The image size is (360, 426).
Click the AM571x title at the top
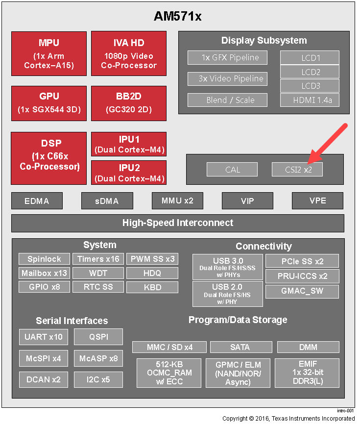coord(178,16)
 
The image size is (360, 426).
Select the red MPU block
coord(49,53)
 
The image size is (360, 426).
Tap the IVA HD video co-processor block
coord(129,53)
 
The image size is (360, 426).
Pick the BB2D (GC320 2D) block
coord(129,103)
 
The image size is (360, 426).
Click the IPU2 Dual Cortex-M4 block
coord(129,173)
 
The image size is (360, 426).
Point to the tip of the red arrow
coord(308,164)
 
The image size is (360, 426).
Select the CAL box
coord(232,170)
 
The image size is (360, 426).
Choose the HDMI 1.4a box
coord(310,100)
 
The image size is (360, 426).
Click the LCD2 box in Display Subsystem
coord(310,72)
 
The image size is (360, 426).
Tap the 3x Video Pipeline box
coord(228,79)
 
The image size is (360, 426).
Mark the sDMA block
coord(107,201)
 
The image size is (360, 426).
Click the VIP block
coord(248,201)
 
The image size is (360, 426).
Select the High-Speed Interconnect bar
coord(178,223)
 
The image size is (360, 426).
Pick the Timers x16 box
coord(98,259)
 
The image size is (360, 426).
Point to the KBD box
coord(152,287)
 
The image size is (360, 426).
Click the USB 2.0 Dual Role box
coord(228,294)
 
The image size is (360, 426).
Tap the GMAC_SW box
coord(302,291)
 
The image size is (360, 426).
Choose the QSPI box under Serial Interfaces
coord(98,337)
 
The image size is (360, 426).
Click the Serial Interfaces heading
coord(72,321)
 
